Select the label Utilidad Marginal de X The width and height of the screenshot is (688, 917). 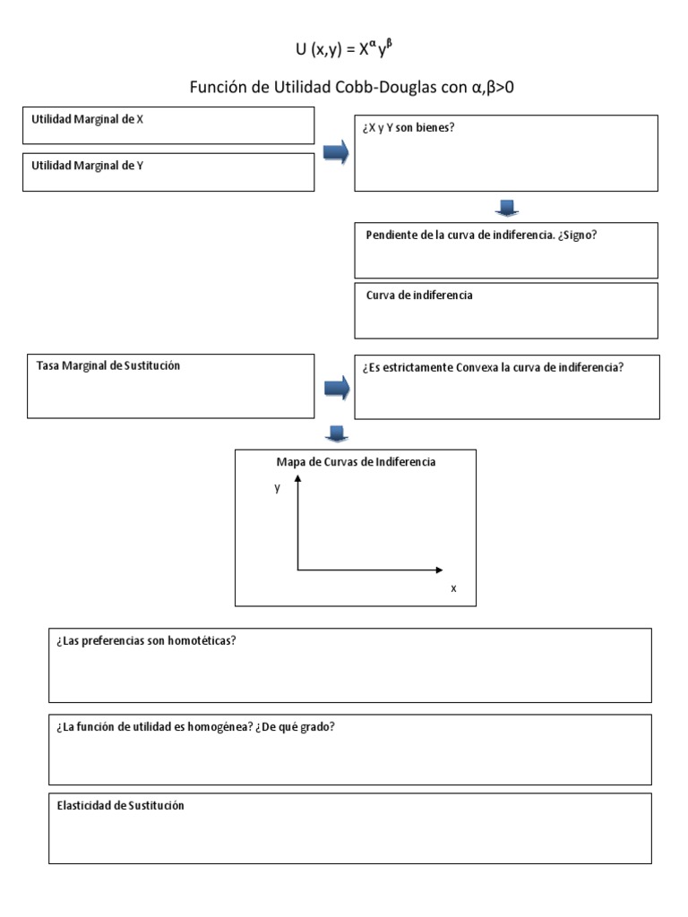coord(87,118)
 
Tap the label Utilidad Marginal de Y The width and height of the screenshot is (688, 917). coord(87,165)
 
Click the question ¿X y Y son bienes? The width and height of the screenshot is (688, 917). coord(408,127)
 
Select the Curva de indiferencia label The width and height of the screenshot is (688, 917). coord(419,295)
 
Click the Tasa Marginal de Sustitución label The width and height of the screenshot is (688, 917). coord(108,365)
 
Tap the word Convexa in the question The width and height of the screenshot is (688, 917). coord(481,366)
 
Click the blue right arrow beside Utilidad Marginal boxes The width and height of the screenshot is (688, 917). coord(335,154)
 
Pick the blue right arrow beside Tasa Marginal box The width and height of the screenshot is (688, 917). coord(335,388)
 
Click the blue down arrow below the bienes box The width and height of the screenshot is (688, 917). coord(506,209)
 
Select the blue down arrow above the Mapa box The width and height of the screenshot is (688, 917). coord(335,434)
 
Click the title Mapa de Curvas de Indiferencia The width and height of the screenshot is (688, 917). coord(356,462)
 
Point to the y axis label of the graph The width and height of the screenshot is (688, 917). coord(278,488)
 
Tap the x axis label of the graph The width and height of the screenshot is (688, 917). coord(453,587)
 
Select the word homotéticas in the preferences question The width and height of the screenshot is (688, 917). coord(202,641)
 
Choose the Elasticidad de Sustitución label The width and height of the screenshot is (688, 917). coord(120,805)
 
